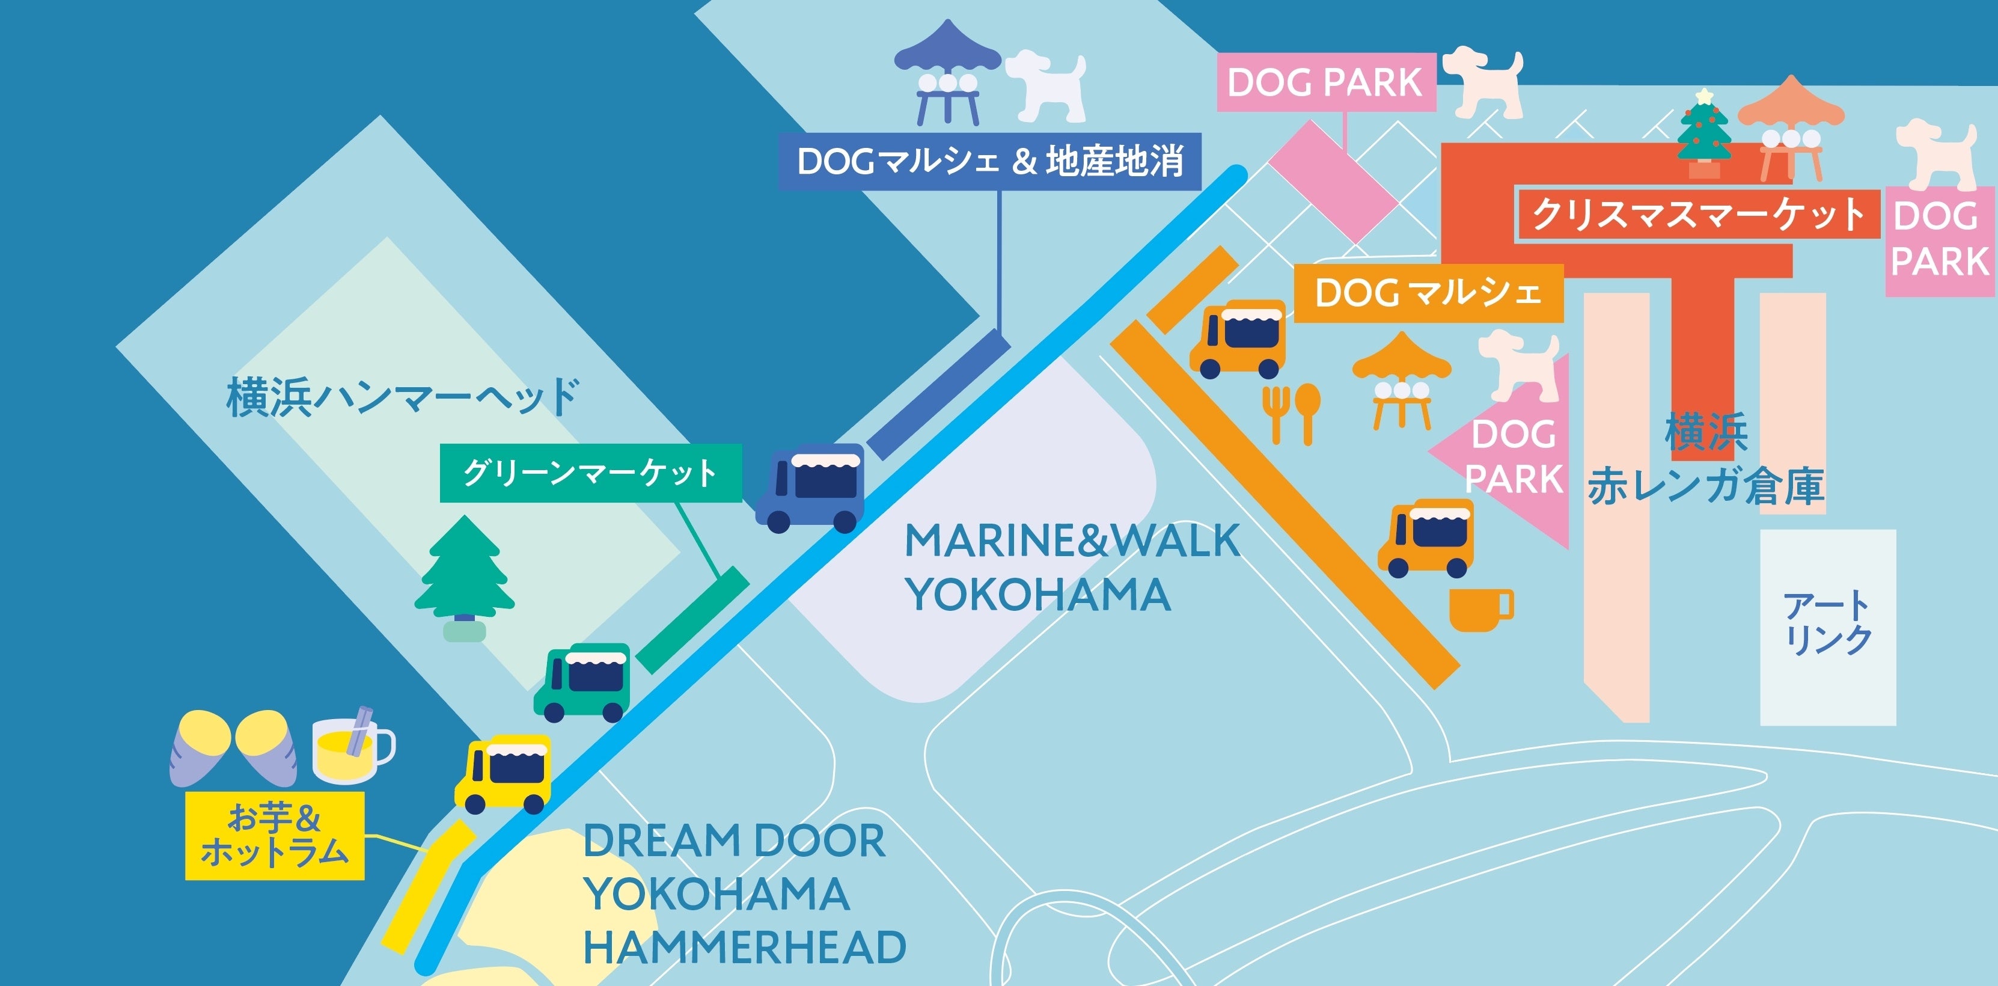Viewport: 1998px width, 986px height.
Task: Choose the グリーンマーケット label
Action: tap(590, 473)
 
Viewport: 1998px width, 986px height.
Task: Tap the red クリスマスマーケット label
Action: tap(1697, 214)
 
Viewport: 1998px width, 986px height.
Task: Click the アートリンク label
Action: tap(1827, 625)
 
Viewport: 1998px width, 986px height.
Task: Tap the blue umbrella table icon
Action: tap(947, 74)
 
